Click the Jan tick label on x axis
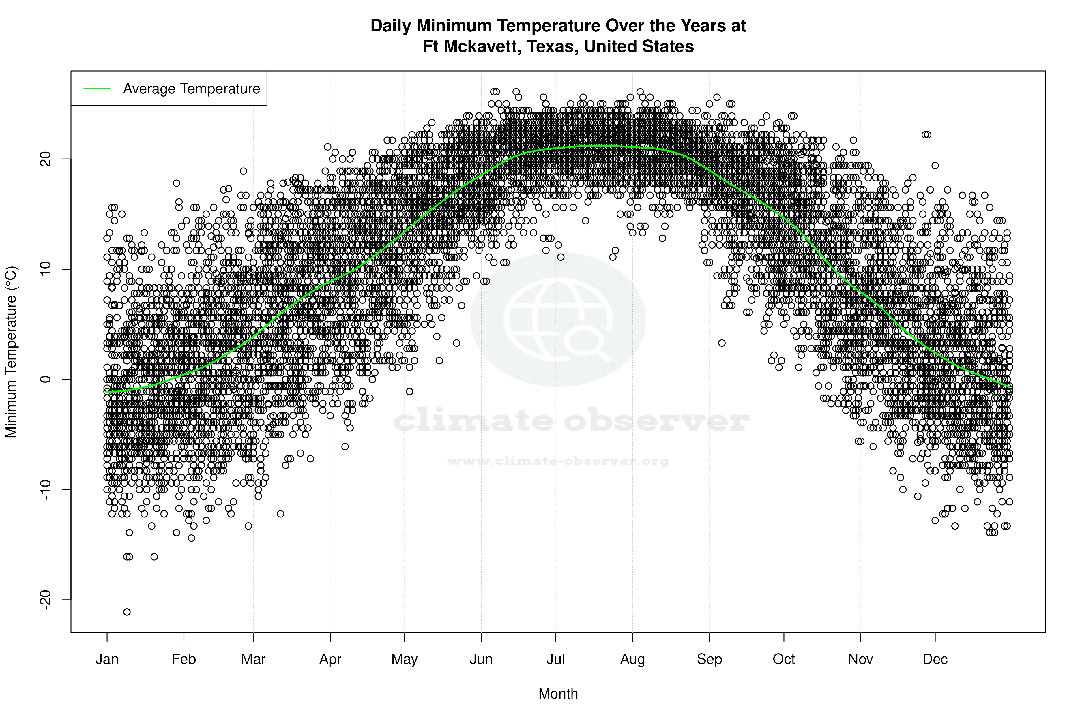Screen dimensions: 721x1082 pos(107,659)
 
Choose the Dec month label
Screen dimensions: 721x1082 pos(935,659)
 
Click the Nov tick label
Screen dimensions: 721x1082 pos(860,659)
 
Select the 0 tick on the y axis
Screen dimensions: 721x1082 pos(46,379)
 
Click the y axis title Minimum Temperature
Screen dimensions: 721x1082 pos(11,352)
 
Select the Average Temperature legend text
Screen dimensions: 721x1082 pos(191,89)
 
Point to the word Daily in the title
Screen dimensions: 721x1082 pos(391,26)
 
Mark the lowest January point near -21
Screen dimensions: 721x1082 pos(127,612)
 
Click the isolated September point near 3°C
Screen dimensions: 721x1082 pos(722,343)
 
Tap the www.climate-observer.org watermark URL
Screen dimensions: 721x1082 pos(558,461)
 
